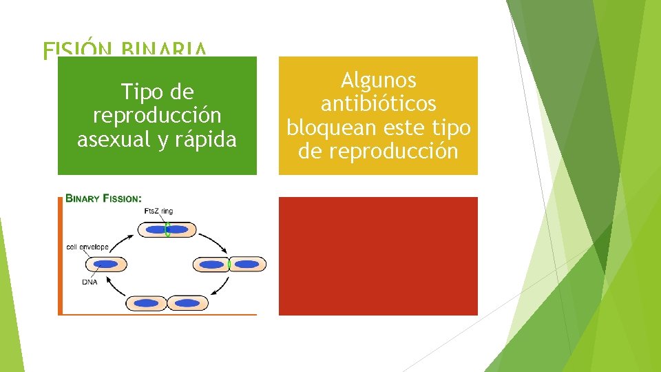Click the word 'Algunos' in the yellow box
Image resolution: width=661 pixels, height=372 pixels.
pos(378,81)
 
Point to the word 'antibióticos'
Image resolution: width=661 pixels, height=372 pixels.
pos(378,104)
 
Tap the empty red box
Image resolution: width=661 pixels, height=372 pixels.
pos(378,256)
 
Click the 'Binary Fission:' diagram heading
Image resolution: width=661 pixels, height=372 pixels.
pos(104,199)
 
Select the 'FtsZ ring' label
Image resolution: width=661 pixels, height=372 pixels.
pos(158,211)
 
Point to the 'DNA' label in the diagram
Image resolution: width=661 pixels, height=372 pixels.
pos(90,281)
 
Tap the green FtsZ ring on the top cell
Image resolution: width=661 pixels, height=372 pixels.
pos(167,229)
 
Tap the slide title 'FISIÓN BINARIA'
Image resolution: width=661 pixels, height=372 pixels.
pos(124,50)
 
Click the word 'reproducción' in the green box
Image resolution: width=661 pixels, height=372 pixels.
pos(157,116)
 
